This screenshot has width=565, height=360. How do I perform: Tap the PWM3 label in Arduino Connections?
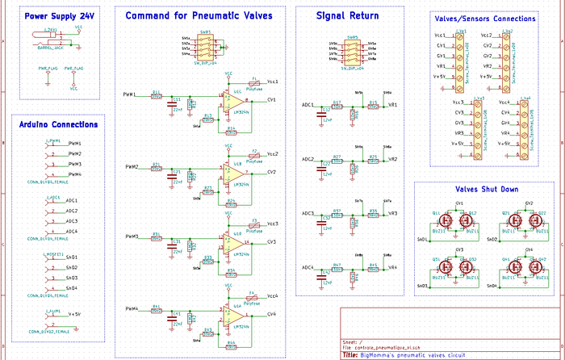(74, 164)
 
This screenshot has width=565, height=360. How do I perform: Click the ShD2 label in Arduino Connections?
(72, 267)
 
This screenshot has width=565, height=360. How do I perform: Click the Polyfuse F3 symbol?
(253, 224)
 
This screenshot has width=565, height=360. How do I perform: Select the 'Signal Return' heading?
(349, 15)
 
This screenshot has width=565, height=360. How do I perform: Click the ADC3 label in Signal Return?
(308, 214)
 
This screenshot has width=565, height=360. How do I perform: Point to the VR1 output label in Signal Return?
(393, 105)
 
